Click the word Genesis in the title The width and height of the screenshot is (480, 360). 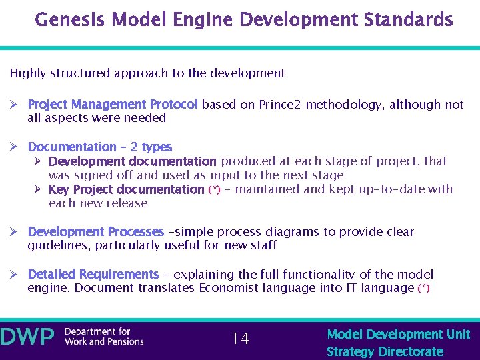(x=68, y=19)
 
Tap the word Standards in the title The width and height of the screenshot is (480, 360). (x=409, y=19)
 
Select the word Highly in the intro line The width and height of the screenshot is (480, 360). (x=28, y=73)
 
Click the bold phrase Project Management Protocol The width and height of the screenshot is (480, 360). (x=113, y=105)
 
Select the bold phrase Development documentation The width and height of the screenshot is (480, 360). (x=133, y=161)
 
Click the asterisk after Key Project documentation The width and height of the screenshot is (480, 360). (x=214, y=190)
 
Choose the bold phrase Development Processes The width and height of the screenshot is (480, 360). (x=95, y=232)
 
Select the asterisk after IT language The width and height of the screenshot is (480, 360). (x=423, y=289)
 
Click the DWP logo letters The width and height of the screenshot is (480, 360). (x=27, y=337)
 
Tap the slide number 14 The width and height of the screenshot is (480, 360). (x=240, y=339)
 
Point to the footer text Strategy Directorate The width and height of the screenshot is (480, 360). (x=385, y=351)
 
